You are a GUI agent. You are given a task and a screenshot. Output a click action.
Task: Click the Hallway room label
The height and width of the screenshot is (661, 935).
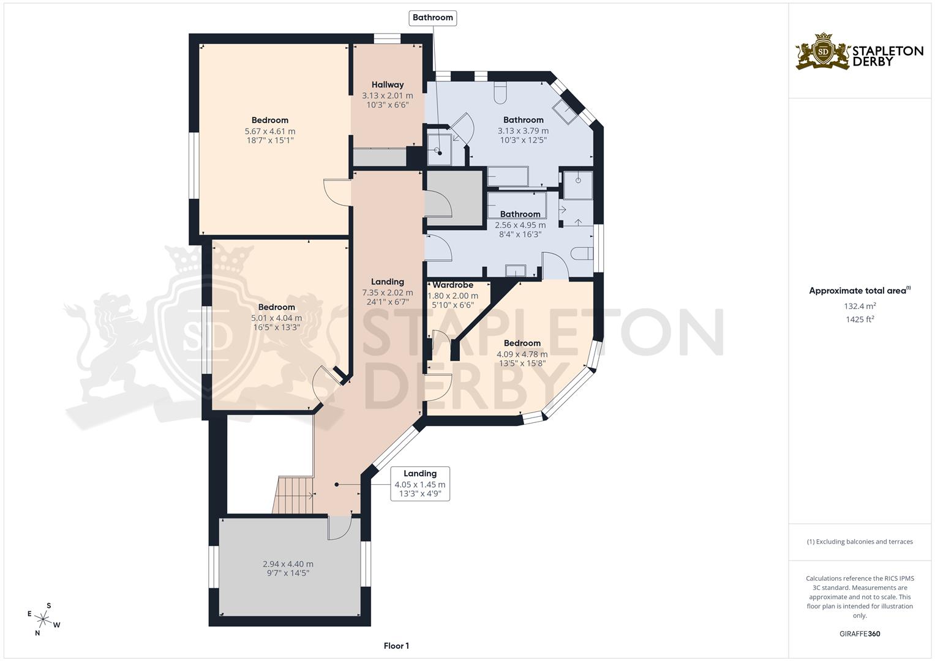(388, 84)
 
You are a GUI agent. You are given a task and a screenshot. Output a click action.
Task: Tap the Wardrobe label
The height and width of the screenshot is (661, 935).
(452, 285)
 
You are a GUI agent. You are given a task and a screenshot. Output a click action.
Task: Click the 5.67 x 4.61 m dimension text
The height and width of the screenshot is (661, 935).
(269, 132)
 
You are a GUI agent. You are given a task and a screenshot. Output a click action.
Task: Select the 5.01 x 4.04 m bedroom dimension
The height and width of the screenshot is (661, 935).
(276, 318)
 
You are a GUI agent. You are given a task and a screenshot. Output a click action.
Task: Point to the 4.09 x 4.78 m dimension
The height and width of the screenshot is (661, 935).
(522, 354)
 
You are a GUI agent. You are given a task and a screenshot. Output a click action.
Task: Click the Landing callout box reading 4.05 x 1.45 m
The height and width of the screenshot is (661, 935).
(420, 484)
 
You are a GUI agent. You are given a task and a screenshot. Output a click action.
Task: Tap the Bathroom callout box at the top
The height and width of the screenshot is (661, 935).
(432, 18)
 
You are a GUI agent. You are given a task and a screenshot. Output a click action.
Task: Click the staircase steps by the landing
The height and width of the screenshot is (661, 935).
(293, 495)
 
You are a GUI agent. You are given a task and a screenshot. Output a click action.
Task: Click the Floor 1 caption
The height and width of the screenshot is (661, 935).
(396, 646)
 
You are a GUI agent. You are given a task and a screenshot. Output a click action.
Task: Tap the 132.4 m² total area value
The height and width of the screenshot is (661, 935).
(860, 306)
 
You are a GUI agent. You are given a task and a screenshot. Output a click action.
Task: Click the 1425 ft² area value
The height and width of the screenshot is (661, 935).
(860, 319)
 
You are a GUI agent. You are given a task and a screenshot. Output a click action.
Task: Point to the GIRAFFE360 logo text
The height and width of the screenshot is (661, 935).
(860, 634)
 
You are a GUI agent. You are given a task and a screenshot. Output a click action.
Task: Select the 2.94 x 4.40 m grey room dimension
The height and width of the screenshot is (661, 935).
(288, 564)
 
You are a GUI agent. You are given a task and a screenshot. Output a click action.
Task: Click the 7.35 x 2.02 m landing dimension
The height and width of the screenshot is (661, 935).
(388, 293)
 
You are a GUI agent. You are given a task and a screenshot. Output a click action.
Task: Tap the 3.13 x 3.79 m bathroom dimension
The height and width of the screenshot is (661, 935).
(523, 131)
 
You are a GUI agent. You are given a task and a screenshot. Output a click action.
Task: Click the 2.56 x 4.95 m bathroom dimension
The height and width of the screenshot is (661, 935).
(520, 225)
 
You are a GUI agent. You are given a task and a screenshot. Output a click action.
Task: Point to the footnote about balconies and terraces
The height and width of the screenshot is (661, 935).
(860, 542)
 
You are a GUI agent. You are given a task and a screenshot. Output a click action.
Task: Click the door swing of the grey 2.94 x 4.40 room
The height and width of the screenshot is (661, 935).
(339, 528)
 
